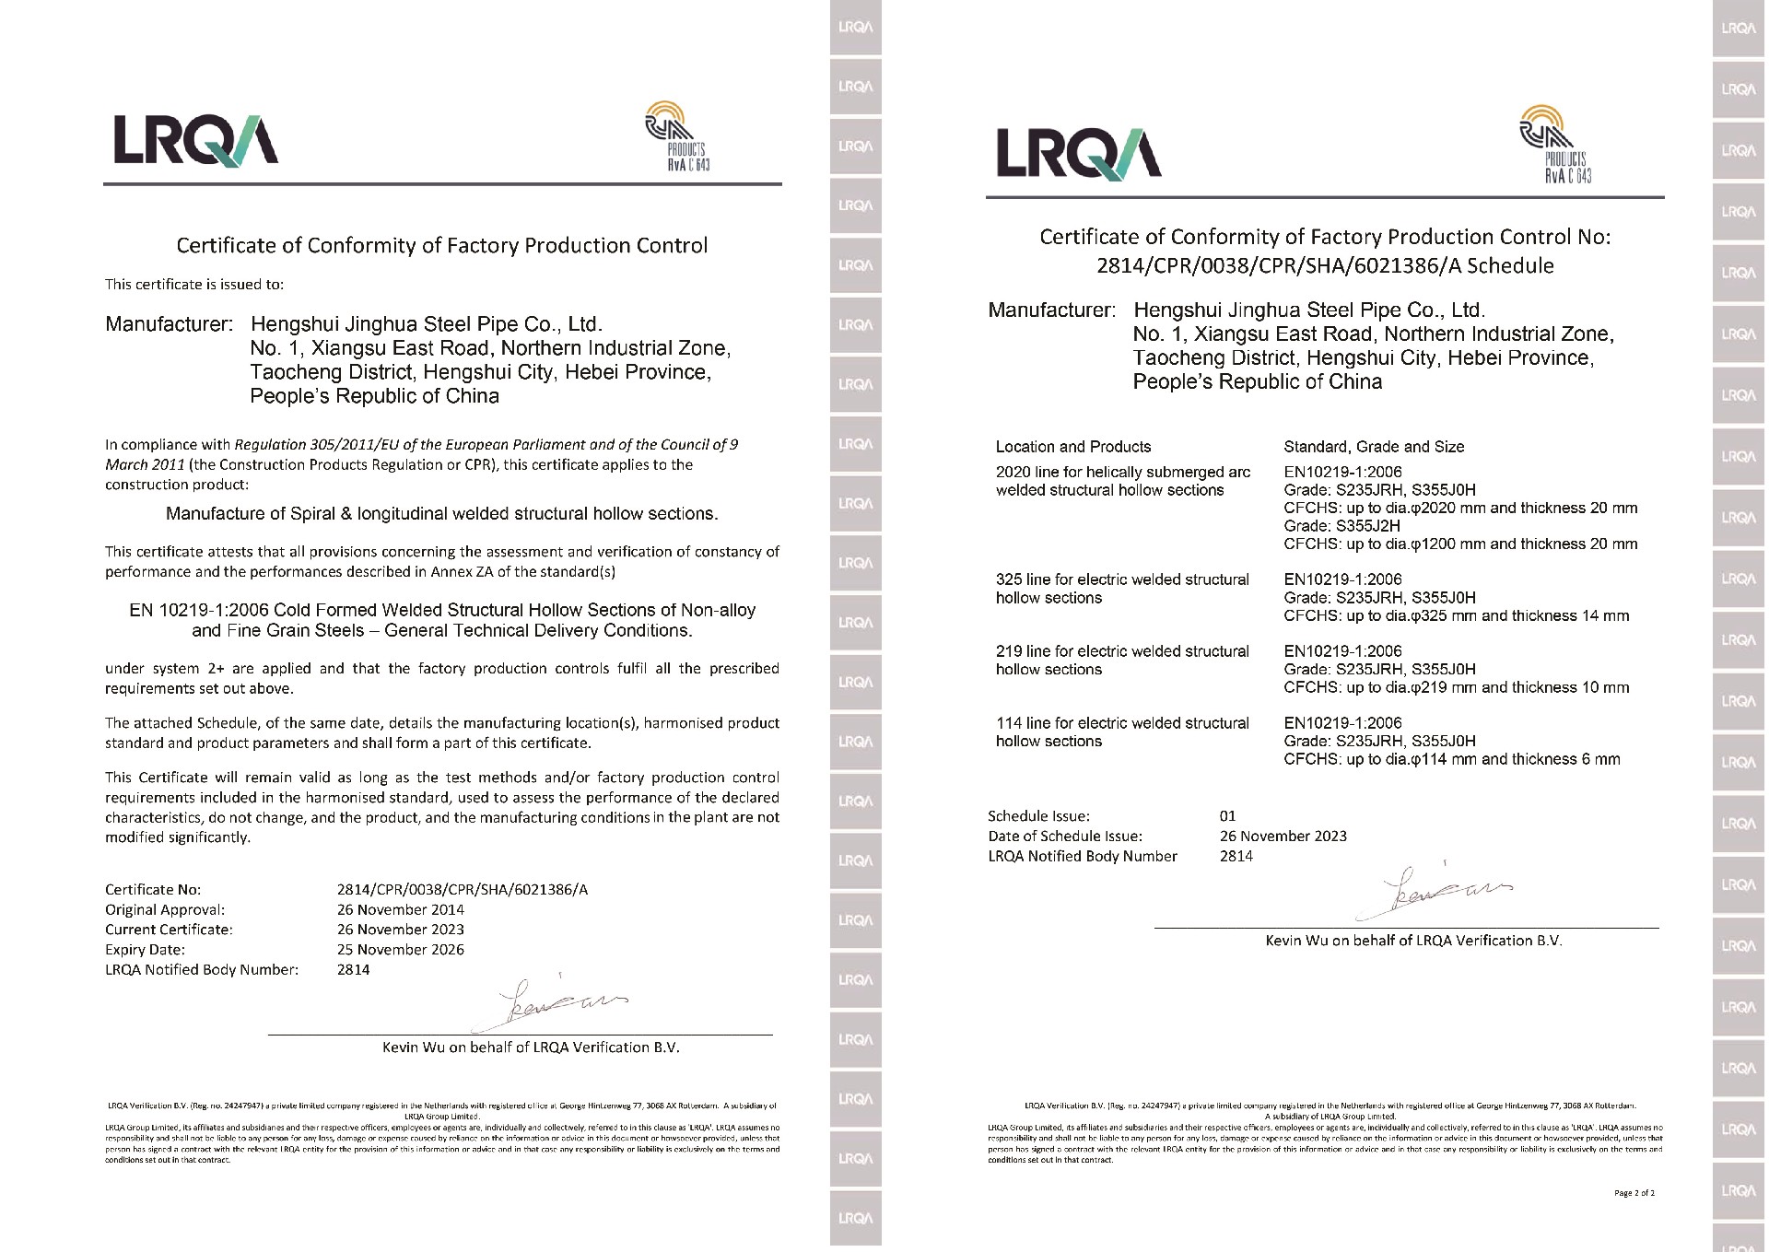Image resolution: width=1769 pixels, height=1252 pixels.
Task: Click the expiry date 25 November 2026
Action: coord(400,949)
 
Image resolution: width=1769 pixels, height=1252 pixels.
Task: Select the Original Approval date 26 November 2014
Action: coord(400,909)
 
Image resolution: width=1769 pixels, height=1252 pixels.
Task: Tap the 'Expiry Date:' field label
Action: coord(145,949)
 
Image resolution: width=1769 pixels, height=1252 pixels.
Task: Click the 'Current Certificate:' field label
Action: coord(169,930)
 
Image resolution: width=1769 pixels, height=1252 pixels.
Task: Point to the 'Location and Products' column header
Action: coord(1072,447)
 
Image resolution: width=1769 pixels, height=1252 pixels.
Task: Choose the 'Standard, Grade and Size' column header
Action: coord(1373,447)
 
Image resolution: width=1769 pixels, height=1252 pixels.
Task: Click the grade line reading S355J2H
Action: coord(1341,526)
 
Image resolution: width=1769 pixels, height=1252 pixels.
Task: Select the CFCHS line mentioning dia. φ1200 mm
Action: coord(1459,544)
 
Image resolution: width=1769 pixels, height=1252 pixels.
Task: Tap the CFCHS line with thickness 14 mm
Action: coord(1456,615)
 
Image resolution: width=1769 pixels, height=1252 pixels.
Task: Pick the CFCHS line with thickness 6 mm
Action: coord(1451,759)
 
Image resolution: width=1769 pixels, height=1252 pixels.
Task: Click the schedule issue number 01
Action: coord(1227,816)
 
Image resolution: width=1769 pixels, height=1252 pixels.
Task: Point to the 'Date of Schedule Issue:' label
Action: coord(1064,837)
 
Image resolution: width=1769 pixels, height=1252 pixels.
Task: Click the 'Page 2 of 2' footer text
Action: coord(1634,1193)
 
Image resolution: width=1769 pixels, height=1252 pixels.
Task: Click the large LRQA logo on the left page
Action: coord(195,139)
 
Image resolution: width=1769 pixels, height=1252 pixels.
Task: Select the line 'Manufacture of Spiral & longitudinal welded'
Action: coord(441,513)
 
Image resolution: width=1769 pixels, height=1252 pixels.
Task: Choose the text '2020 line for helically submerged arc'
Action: coord(1122,472)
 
